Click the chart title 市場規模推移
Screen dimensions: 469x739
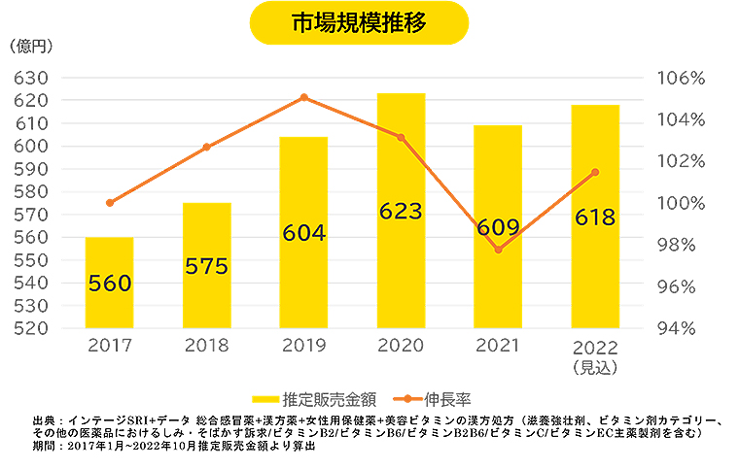359,22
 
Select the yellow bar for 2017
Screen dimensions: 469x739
109,282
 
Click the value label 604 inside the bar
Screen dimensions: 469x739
303,233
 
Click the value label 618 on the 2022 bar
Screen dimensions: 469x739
594,217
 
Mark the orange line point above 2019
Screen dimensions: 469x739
303,97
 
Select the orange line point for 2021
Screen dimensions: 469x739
498,250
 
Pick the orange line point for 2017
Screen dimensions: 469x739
109,203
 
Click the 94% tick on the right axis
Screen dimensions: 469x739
686,327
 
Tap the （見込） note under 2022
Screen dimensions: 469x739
594,366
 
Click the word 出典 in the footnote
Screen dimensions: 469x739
44,419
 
